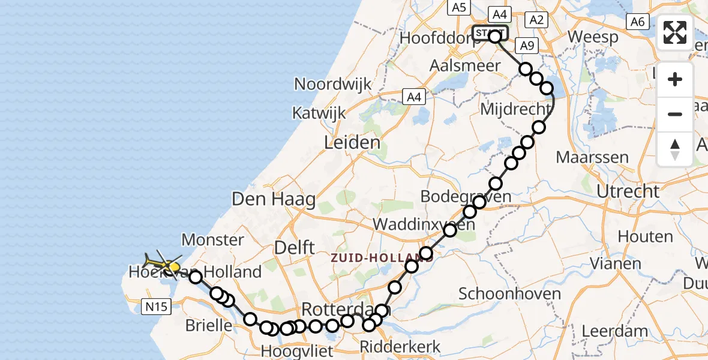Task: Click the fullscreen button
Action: click(675, 32)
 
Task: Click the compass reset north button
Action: click(675, 149)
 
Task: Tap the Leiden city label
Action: click(352, 143)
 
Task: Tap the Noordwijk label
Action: click(333, 84)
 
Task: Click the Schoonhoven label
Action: click(509, 293)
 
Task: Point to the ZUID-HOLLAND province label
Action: click(372, 259)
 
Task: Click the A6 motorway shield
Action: click(637, 22)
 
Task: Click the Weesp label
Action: click(593, 37)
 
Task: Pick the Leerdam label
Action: click(614, 331)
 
